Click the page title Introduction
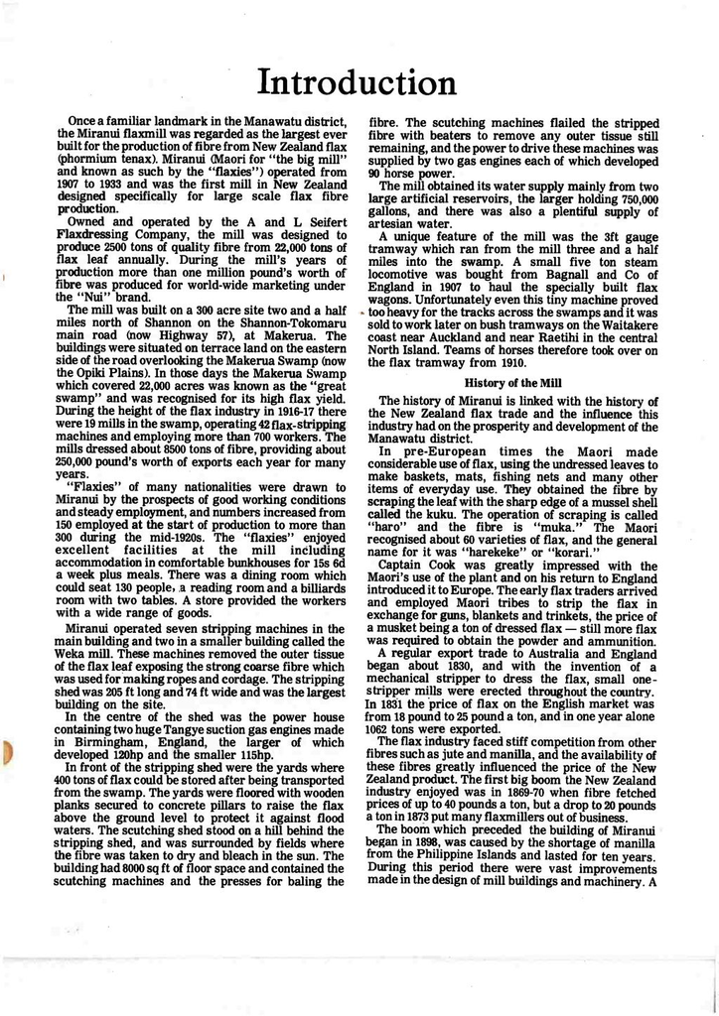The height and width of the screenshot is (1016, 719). point(359,80)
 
